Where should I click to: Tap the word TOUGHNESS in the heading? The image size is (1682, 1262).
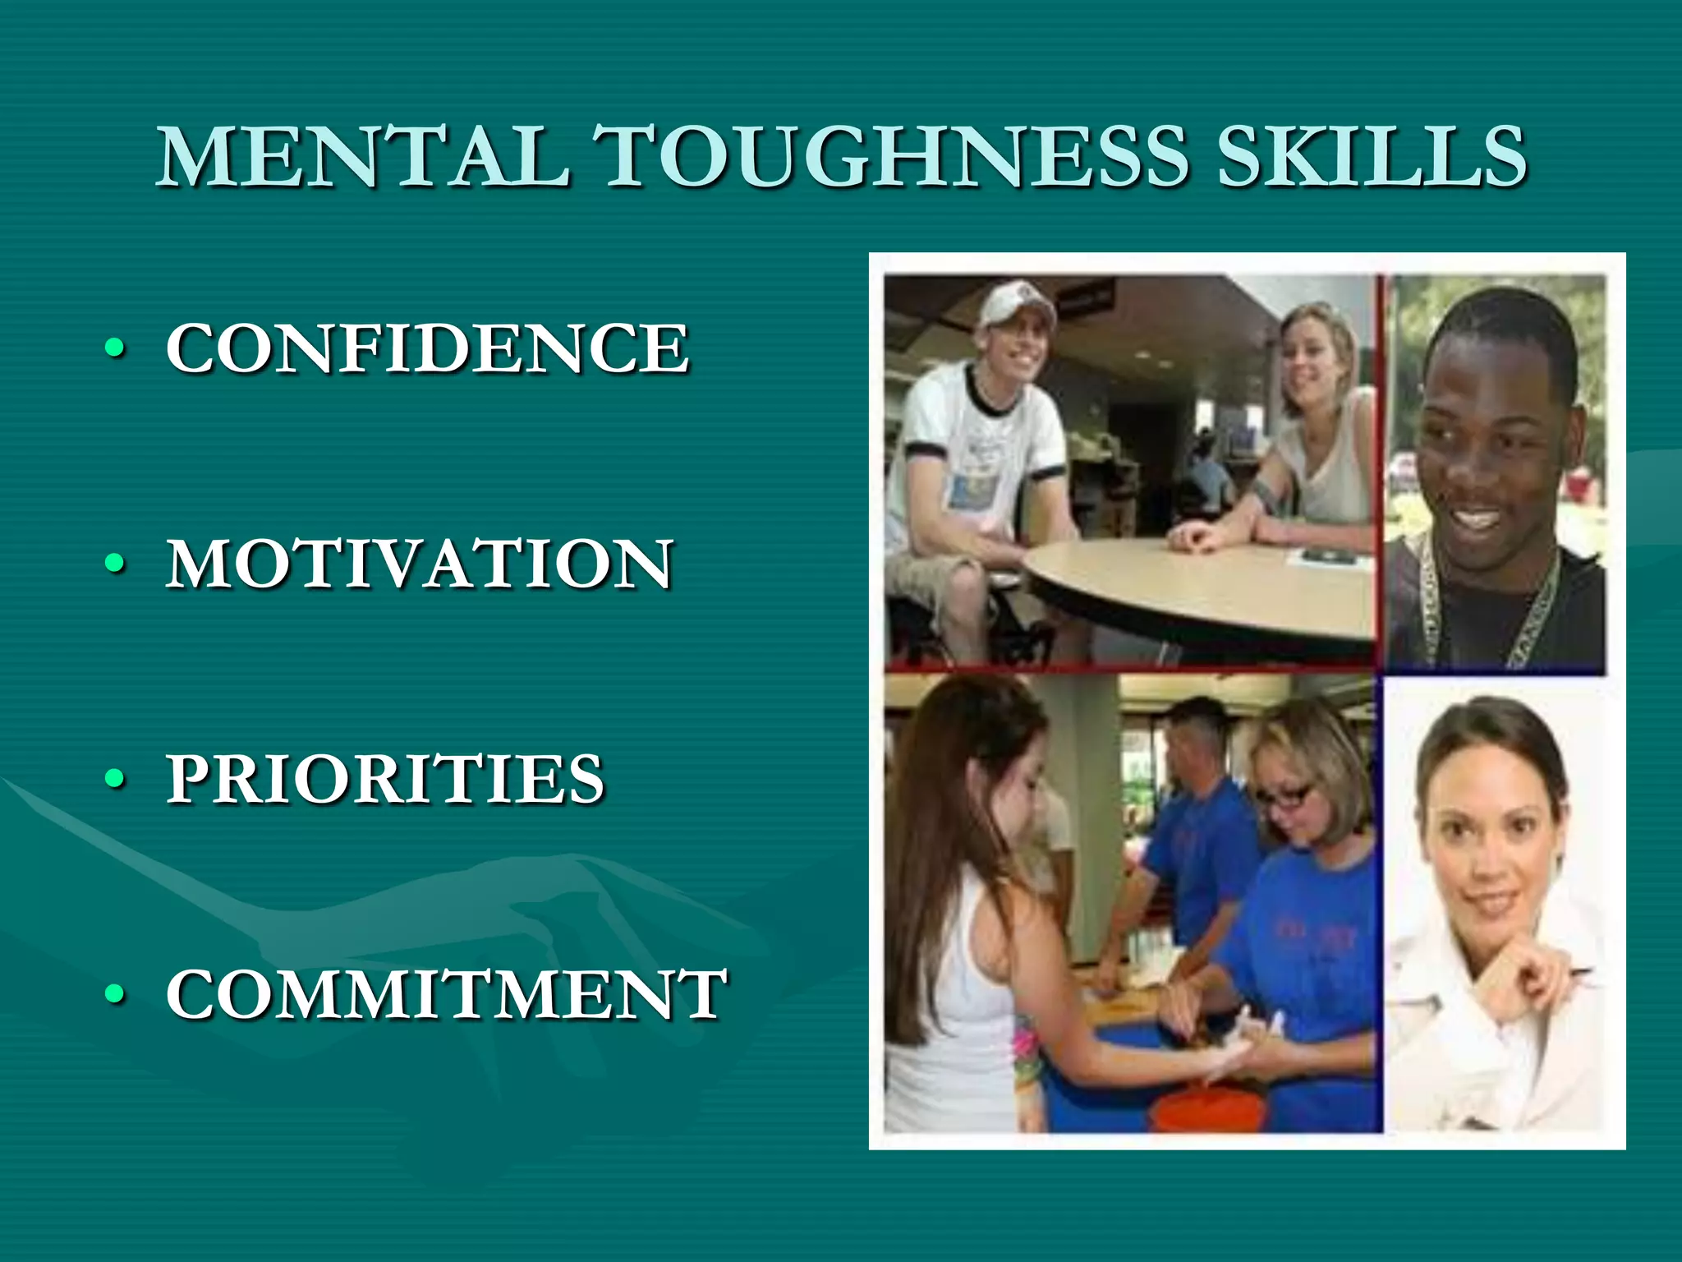(891, 156)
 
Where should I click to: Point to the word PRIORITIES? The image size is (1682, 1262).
(385, 778)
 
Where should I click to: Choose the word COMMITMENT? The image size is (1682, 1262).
(446, 994)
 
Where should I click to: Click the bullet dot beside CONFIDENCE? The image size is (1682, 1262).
(116, 348)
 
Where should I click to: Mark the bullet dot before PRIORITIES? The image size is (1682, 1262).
(116, 779)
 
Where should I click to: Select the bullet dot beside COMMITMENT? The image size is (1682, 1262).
(116, 994)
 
